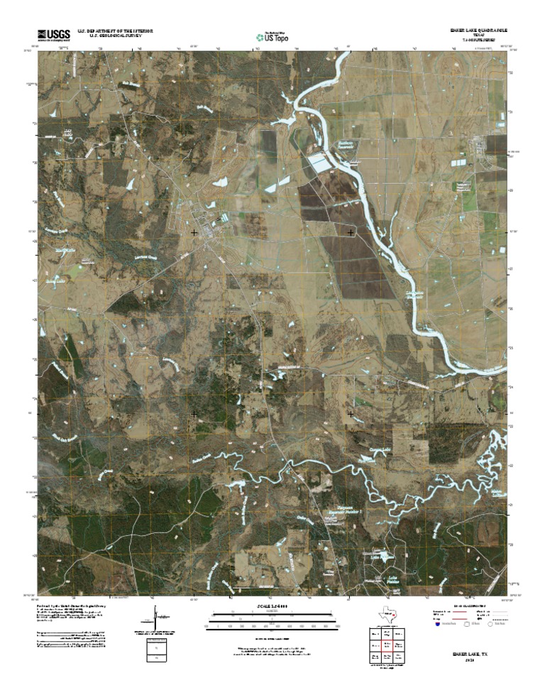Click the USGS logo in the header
click(x=54, y=34)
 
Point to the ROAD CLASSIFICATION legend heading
click(x=468, y=604)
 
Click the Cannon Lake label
click(x=361, y=454)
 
